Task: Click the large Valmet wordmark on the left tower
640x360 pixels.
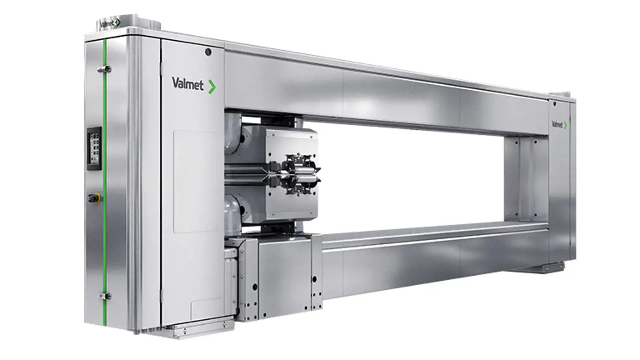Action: [188, 83]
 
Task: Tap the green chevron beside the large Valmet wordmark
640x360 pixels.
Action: [212, 87]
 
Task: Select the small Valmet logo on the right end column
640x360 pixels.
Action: [559, 124]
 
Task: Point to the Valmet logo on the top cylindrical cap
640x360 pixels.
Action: [110, 23]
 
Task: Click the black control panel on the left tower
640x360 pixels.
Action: [94, 148]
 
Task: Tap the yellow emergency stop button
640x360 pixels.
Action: [95, 197]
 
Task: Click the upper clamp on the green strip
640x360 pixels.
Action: [104, 69]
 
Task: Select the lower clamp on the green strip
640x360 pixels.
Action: [105, 296]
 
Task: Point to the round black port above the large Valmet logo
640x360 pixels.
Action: [208, 52]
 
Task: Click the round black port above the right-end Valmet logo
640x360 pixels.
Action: [554, 103]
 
